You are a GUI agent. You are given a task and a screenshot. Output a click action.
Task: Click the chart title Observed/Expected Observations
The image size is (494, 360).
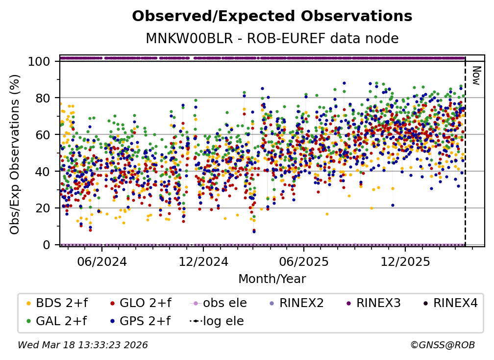point(272,16)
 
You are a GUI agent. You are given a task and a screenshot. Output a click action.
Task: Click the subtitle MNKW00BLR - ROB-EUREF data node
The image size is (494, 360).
point(272,39)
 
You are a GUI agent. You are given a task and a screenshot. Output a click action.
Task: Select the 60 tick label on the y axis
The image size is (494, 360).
point(45,134)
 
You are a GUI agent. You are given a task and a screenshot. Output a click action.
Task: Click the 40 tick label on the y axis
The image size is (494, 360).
point(45,171)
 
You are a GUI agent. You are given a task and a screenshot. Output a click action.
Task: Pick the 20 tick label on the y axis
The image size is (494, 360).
point(45,208)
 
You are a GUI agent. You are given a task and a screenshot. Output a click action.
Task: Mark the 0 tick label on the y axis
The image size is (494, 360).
point(48,244)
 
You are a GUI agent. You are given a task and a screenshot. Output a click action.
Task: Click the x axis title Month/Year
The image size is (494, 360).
point(272,279)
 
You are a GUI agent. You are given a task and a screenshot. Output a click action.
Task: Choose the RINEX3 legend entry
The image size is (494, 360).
point(378,303)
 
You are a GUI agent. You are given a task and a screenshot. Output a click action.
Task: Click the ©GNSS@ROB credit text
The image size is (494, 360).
point(442,345)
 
